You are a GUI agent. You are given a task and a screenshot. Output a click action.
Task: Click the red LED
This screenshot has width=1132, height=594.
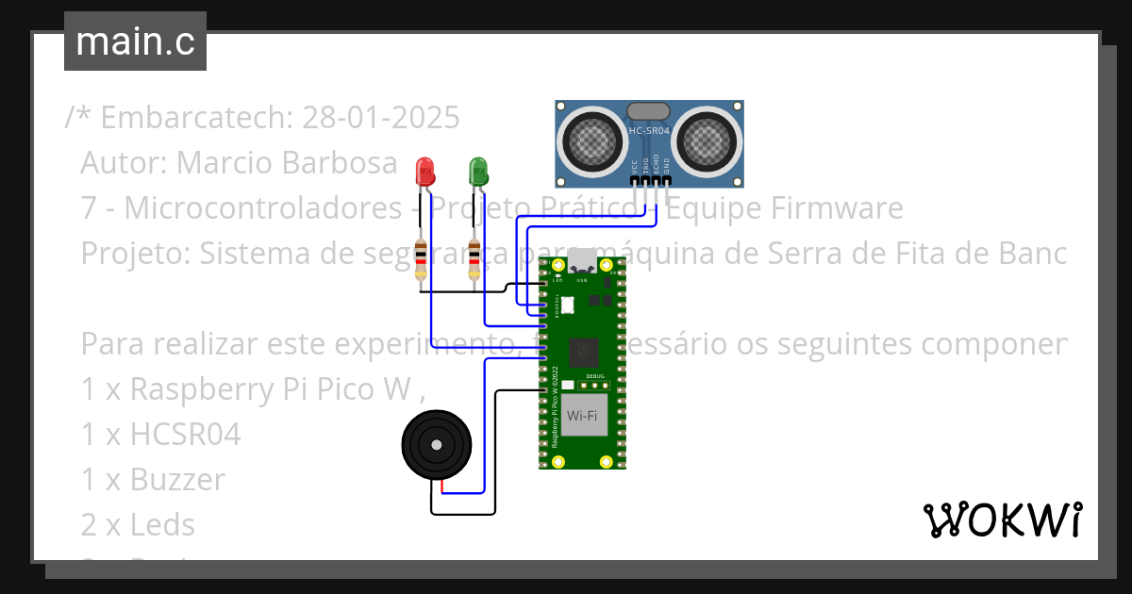coord(424,173)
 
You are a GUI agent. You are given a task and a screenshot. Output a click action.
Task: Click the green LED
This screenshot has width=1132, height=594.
coord(478,173)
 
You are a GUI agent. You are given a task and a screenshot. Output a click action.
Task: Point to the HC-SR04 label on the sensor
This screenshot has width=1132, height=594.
coord(649,131)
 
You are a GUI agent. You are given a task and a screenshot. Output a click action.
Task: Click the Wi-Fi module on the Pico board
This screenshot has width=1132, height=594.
coord(581,416)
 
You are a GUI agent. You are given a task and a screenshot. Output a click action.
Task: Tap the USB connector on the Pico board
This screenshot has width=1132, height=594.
coord(582,261)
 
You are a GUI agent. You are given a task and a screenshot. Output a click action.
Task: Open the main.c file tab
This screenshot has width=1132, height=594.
coord(135,41)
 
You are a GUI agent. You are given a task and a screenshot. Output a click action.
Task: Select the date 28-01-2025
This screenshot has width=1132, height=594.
coord(381,118)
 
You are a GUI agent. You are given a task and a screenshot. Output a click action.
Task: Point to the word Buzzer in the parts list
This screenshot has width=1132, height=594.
coord(177,480)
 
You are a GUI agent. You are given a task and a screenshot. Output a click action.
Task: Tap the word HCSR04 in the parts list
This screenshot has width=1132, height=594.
coord(185,434)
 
